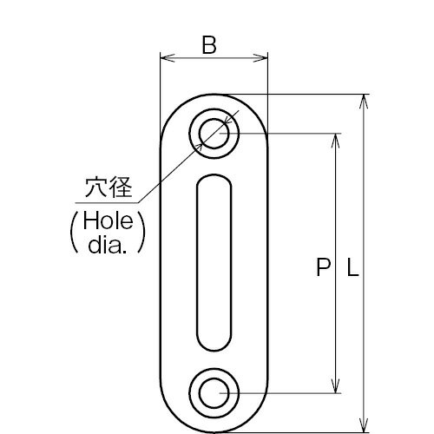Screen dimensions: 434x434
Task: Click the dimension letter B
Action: [209, 45]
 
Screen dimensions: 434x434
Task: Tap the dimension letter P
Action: [323, 267]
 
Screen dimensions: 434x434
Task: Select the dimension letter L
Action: [352, 267]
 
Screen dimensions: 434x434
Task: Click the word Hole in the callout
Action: [108, 220]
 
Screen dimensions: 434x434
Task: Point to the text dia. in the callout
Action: [108, 245]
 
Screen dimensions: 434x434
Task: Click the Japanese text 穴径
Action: [108, 187]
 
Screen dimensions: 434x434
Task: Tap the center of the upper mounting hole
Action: [214, 134]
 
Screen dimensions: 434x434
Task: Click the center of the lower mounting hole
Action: [214, 393]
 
